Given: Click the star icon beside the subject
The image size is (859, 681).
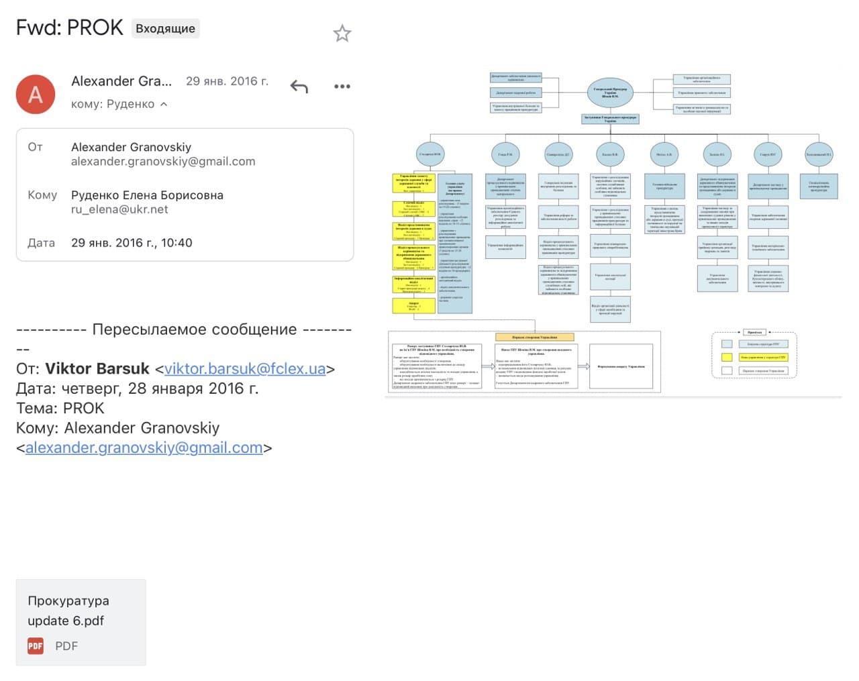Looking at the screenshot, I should [342, 34].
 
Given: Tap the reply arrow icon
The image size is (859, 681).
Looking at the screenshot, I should [299, 87].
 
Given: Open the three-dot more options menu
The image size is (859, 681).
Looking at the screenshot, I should [342, 87].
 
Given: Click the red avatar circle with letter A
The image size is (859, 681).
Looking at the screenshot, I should [36, 95].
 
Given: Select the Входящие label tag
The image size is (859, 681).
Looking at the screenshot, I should [165, 28].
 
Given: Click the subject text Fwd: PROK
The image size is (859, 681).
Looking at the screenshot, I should [70, 28].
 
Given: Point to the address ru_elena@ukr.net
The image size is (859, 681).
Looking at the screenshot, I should [119, 209].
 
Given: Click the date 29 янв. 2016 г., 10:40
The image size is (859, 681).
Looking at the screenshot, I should [132, 243].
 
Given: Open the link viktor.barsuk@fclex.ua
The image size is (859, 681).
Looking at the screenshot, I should [245, 369].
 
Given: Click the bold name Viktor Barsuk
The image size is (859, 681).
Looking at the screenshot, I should [97, 369].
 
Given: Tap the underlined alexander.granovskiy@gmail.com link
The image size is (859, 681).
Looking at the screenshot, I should [144, 448].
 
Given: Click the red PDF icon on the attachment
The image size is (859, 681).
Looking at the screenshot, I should [36, 646].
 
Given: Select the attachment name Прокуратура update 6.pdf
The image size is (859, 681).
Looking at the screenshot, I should [68, 611].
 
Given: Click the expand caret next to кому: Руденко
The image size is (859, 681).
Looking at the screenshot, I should [164, 104].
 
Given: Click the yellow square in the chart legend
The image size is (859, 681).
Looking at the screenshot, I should [726, 357].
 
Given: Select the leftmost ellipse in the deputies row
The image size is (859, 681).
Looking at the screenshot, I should [430, 154].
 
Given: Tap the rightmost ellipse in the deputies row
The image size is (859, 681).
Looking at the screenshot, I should [819, 154].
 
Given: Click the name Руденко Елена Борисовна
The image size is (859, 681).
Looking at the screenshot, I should [147, 195].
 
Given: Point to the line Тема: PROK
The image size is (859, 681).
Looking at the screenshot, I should [60, 408].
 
